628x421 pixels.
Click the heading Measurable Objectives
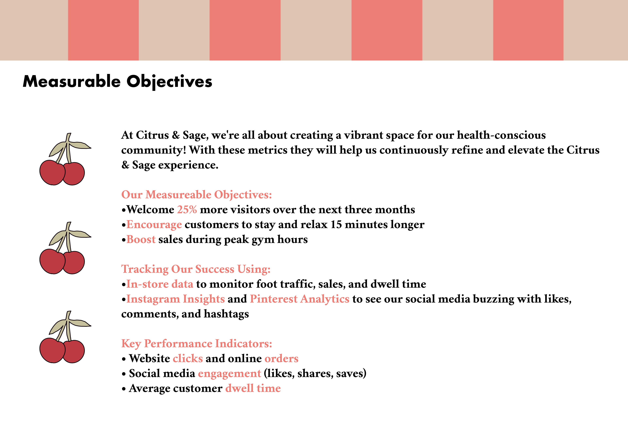[117, 82]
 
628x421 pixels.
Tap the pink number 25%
[187, 209]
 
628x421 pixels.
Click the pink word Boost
[141, 239]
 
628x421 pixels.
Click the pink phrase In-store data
[160, 284]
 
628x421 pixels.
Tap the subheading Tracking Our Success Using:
[196, 269]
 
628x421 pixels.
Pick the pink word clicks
[188, 358]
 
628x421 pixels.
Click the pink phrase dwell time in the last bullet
[253, 388]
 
